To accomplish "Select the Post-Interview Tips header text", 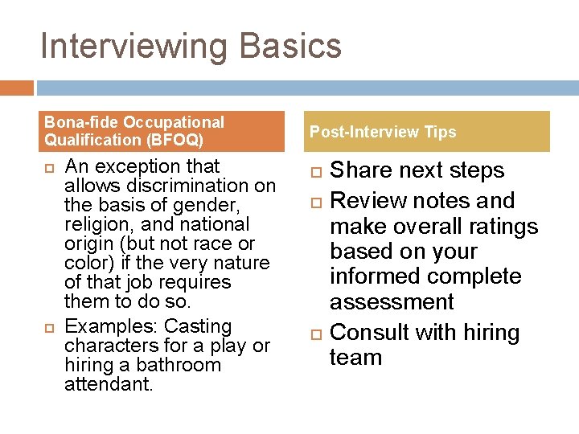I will point(383,132).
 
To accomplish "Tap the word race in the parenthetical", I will point(207,244).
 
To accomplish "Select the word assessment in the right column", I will point(392,302).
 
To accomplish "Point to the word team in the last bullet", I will point(355,358).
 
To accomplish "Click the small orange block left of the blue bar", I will point(17,88).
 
